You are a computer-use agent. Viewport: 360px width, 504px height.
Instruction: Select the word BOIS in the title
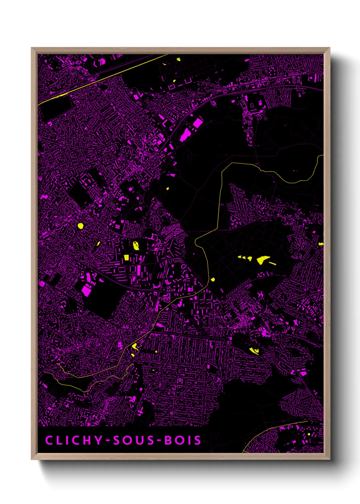183,440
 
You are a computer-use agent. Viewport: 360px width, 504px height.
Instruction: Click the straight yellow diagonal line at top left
102,79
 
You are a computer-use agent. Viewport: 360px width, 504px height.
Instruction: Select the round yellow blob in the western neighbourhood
81,225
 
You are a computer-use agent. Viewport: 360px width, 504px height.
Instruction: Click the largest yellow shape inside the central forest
263,260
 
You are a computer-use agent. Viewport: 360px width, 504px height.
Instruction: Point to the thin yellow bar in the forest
273,263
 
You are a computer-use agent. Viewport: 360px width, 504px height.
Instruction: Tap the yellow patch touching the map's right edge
321,244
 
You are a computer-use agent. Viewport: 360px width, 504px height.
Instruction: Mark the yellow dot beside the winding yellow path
213,280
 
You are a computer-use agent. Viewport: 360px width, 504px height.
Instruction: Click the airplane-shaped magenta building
260,294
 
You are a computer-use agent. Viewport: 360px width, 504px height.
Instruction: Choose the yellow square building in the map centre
127,257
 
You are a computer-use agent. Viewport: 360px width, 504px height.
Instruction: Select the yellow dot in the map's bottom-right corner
309,434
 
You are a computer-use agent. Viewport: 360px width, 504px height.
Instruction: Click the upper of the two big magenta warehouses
197,123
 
